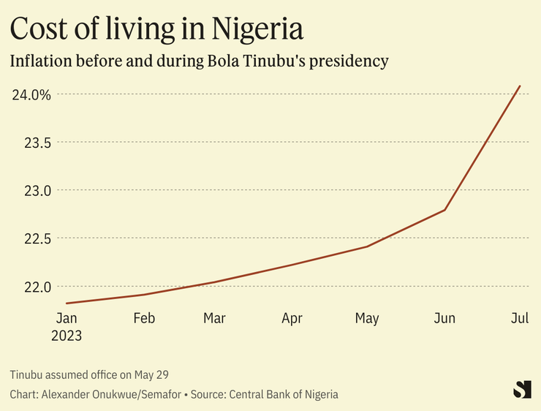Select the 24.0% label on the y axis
(31, 94)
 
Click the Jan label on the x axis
(67, 318)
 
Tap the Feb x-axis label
(144, 318)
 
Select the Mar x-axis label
(214, 318)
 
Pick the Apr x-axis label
(292, 318)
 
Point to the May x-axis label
(367, 318)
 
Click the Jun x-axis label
(444, 318)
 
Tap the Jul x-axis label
(519, 318)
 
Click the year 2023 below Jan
(67, 336)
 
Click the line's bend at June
(444, 211)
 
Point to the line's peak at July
(520, 86)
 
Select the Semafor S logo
(522, 390)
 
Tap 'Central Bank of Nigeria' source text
(284, 394)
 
